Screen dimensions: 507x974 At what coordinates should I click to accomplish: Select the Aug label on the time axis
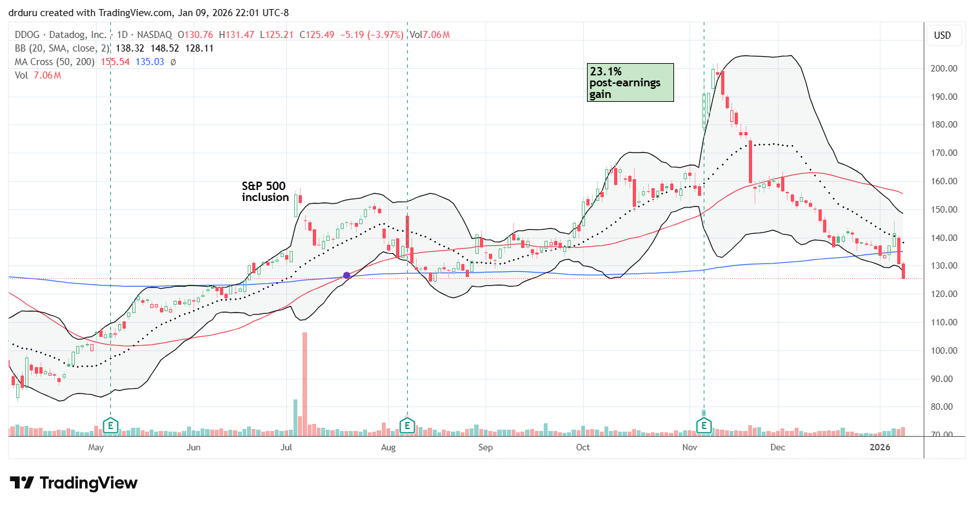(388, 447)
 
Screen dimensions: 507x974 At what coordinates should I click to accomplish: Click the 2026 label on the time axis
(880, 447)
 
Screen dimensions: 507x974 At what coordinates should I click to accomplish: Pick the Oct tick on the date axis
(583, 447)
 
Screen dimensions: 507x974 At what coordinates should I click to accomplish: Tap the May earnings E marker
(111, 426)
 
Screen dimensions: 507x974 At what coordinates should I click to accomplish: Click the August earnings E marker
(407, 426)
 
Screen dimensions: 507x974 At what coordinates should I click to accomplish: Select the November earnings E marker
(704, 426)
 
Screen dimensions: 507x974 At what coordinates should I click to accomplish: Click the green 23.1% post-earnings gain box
(630, 82)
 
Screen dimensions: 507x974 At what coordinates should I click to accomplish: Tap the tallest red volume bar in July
(304, 384)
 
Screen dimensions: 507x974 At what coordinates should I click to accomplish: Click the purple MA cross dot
(347, 275)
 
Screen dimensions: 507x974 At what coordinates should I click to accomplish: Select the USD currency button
(942, 35)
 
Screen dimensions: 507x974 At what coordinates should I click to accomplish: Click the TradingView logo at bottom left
(74, 483)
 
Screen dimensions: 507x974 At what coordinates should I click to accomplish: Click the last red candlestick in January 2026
(904, 271)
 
